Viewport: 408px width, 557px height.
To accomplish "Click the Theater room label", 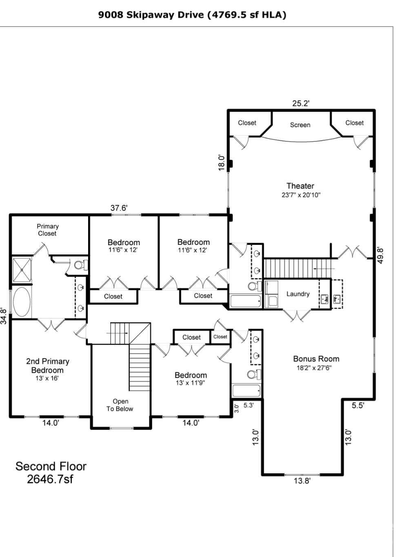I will click(x=300, y=186).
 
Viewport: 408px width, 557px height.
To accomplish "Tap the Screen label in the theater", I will click(x=300, y=125).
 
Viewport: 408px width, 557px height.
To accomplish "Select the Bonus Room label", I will click(x=316, y=359).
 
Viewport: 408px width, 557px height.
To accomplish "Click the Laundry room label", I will click(x=298, y=294).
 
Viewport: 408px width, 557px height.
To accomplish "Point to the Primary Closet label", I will click(x=47, y=230).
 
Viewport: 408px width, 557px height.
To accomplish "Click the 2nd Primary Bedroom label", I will click(x=47, y=366).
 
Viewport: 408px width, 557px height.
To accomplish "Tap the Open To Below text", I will click(x=120, y=405).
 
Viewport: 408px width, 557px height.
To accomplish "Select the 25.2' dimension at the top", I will click(x=301, y=103).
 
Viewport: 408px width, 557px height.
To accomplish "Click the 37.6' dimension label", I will click(x=119, y=208).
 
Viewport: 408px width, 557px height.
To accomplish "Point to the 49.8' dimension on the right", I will click(x=380, y=255).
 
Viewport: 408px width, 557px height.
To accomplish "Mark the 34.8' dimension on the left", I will click(x=4, y=316).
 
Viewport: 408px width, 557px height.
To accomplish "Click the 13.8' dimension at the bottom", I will click(x=302, y=481).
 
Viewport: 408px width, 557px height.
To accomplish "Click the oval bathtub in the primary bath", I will click(x=22, y=302).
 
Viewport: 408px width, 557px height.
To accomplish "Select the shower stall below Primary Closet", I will click(x=22, y=269).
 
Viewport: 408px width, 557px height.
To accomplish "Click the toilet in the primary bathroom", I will click(x=80, y=265).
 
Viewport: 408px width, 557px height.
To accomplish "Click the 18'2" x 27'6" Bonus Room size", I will click(x=314, y=368).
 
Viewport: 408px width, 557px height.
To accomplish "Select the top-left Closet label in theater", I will click(x=247, y=123).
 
